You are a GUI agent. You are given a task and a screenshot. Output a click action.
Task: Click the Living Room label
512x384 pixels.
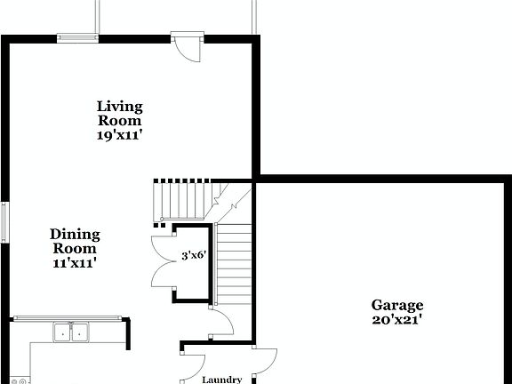click(x=120, y=114)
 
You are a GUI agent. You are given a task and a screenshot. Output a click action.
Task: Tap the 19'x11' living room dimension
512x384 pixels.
click(x=120, y=136)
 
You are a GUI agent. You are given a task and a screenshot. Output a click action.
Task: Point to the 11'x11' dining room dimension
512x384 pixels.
click(x=75, y=262)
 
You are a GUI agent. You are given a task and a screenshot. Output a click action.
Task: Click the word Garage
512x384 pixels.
click(x=397, y=305)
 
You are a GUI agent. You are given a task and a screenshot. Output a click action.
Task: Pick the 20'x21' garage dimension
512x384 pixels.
click(x=397, y=319)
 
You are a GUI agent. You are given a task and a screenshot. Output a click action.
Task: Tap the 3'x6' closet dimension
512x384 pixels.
click(x=194, y=254)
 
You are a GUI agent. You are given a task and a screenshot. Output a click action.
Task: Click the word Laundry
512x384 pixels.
click(x=221, y=380)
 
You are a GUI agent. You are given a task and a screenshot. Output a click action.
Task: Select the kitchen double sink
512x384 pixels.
click(x=71, y=332)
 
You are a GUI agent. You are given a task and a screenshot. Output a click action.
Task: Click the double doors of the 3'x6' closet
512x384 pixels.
click(x=164, y=260)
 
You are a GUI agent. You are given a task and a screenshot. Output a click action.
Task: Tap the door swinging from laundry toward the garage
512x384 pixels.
click(x=263, y=362)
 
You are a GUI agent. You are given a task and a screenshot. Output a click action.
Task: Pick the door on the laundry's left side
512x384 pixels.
click(x=194, y=364)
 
